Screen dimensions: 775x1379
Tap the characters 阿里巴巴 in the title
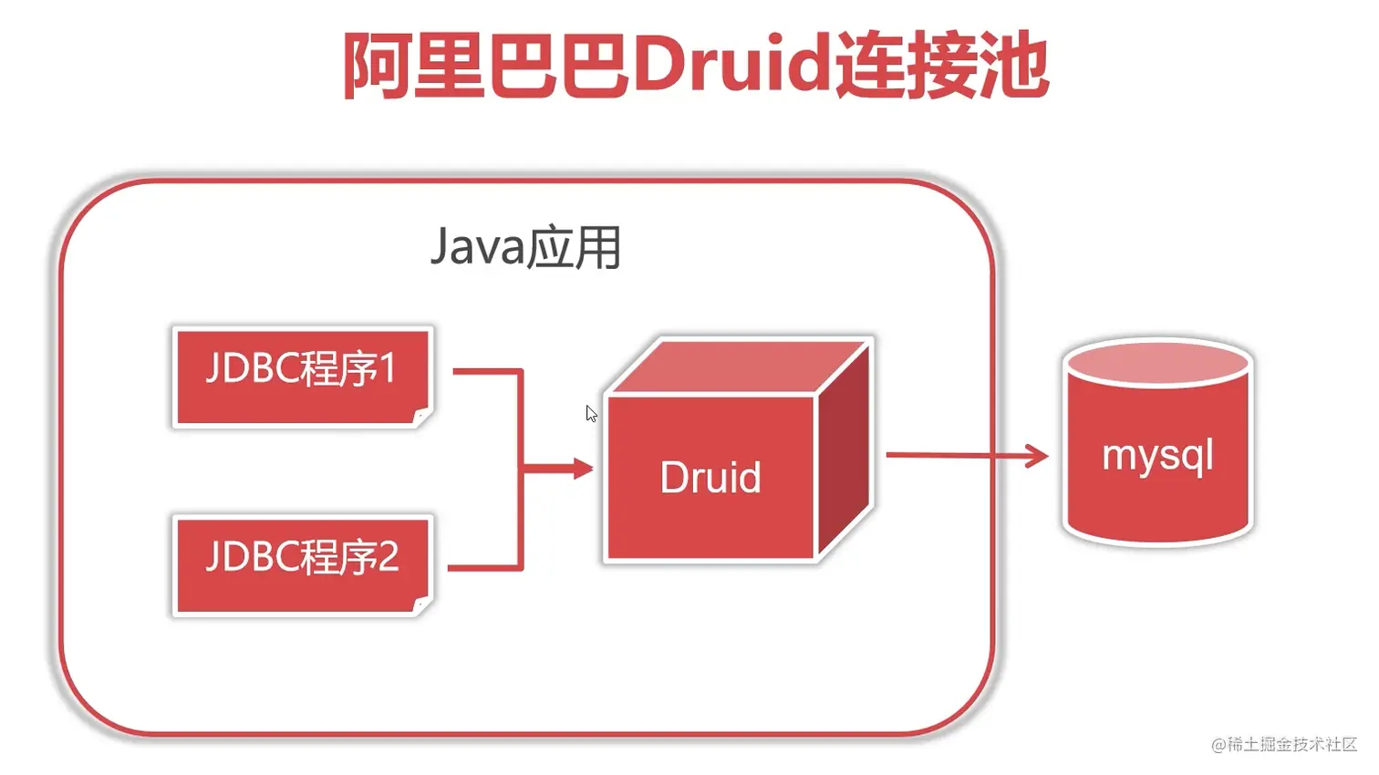486,66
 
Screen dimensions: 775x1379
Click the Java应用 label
525,247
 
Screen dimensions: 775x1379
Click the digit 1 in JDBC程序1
387,369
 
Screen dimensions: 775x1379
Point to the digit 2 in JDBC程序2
388,556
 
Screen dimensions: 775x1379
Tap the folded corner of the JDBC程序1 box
422,418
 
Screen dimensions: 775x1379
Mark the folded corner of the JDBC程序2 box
422,605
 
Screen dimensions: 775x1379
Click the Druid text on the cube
710,478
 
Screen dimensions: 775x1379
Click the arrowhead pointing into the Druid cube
583,470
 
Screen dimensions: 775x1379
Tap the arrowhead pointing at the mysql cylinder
1037,455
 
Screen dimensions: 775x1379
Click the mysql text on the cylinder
1157,455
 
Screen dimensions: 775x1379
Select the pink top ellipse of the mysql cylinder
1158,364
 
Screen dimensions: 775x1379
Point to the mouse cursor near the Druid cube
591,414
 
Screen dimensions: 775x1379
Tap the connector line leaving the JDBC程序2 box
483,568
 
